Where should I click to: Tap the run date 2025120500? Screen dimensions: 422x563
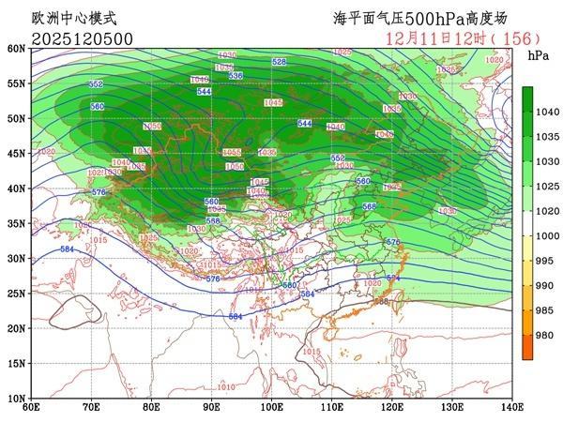click(x=82, y=38)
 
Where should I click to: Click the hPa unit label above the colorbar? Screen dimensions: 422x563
click(x=539, y=56)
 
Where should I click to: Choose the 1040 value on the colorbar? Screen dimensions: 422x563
click(x=546, y=112)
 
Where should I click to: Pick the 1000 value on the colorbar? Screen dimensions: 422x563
click(x=546, y=235)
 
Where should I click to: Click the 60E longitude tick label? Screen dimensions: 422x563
click(x=31, y=407)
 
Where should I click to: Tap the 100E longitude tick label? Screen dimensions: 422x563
click(x=272, y=407)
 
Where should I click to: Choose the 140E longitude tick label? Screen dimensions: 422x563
click(x=512, y=407)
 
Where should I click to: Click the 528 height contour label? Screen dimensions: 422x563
click(x=279, y=62)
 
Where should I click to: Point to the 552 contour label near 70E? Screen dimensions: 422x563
click(x=95, y=84)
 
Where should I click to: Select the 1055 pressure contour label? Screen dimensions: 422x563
click(x=231, y=153)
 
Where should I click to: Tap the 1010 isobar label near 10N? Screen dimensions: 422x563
click(x=226, y=386)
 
